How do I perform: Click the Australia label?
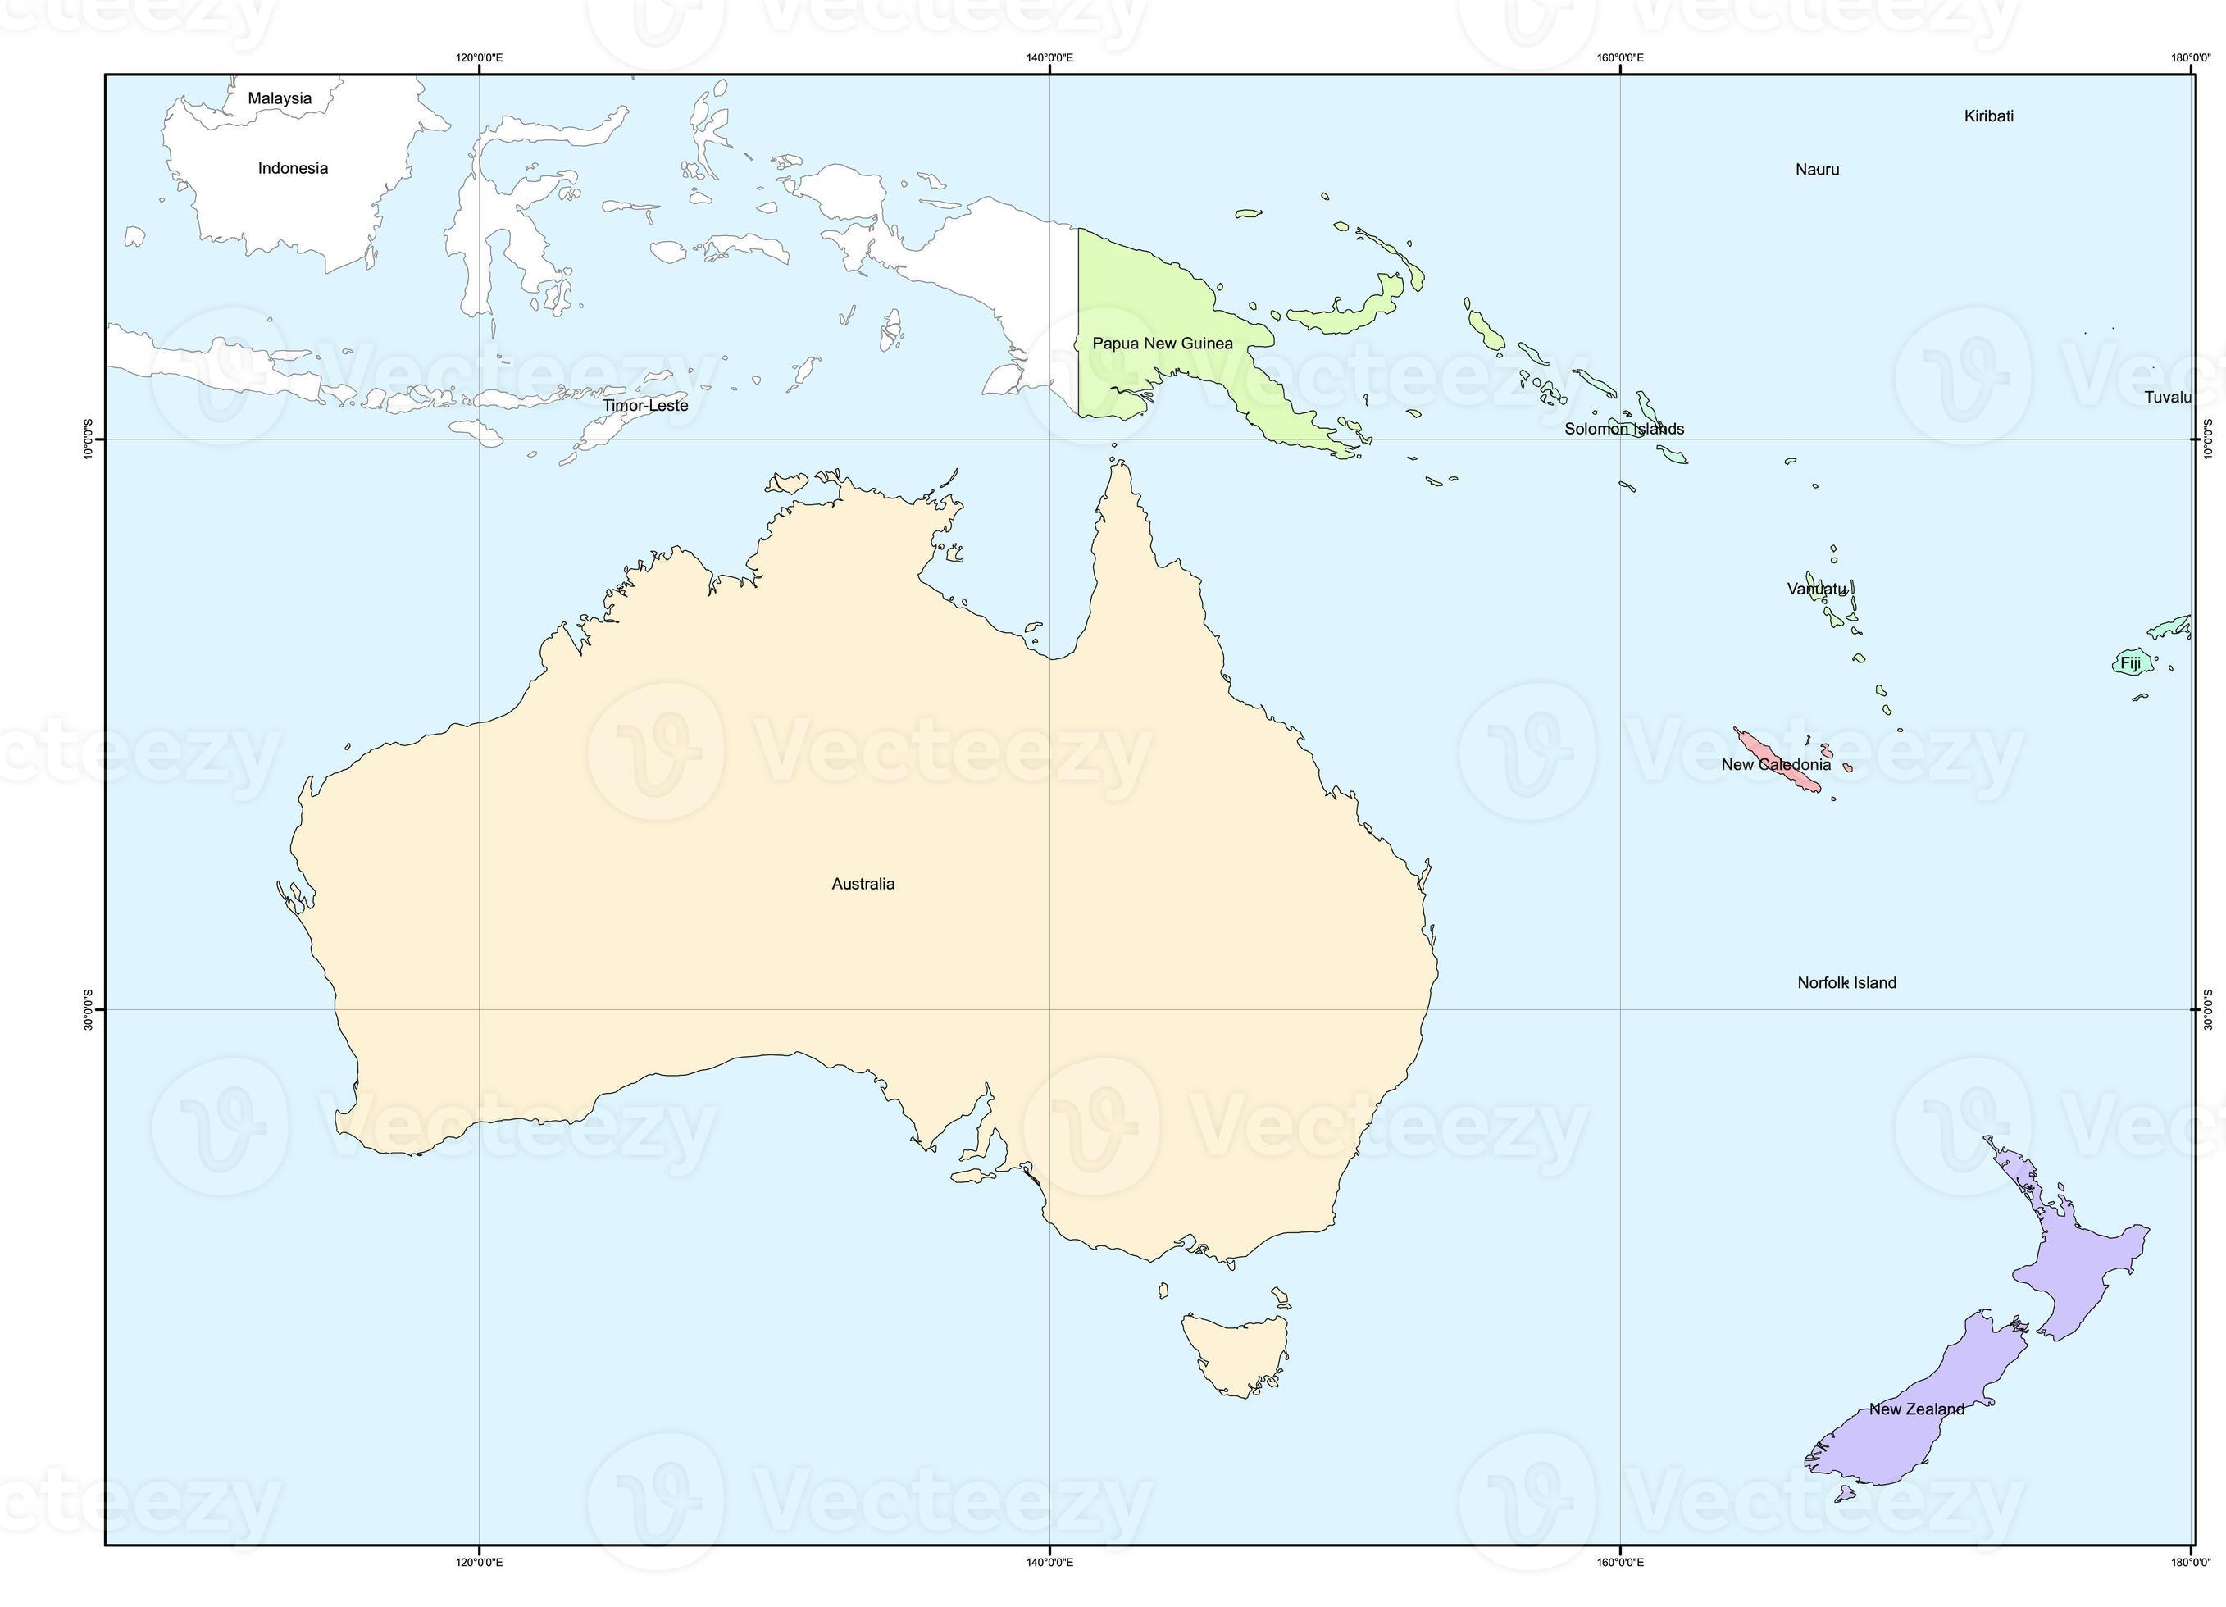click(863, 884)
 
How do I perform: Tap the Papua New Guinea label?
click(1162, 343)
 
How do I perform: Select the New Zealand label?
click(1916, 1409)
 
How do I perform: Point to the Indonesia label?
click(293, 168)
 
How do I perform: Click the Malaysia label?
click(280, 98)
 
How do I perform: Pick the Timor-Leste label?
click(644, 405)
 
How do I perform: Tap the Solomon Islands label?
click(1623, 429)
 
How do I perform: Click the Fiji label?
click(2130, 662)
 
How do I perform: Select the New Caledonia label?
click(1776, 765)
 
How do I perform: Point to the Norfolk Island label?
click(1846, 983)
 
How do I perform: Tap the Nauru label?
click(1817, 170)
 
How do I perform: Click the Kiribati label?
click(1988, 116)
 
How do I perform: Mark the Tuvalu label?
click(2167, 398)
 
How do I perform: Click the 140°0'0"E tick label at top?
click(1049, 57)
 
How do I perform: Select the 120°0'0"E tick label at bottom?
click(479, 1562)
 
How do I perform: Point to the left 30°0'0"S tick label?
click(89, 1009)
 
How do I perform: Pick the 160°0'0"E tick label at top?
click(1619, 57)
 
